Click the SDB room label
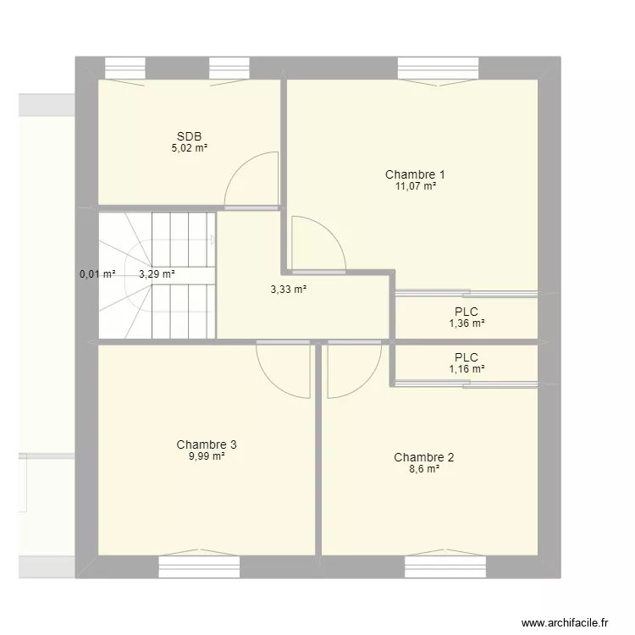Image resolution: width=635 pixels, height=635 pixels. point(189,136)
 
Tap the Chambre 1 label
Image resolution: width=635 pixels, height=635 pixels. point(415,174)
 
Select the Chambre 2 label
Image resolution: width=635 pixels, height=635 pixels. point(423,458)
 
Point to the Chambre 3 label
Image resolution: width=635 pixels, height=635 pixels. point(207,444)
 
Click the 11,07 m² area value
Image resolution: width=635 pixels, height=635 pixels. point(415,186)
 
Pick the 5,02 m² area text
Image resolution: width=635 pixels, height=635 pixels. point(189,148)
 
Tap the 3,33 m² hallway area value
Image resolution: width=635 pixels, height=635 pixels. point(288,289)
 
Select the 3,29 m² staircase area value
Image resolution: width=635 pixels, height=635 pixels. point(157,274)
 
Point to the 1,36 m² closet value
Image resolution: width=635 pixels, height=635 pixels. point(466,323)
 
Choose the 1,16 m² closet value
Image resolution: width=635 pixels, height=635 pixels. point(466,369)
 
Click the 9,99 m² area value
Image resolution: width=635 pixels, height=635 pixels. point(207,456)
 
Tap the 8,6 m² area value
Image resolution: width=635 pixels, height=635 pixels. point(423,469)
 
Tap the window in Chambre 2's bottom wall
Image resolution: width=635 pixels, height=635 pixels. point(444,566)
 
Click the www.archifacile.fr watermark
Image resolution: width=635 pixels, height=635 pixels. point(565,621)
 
